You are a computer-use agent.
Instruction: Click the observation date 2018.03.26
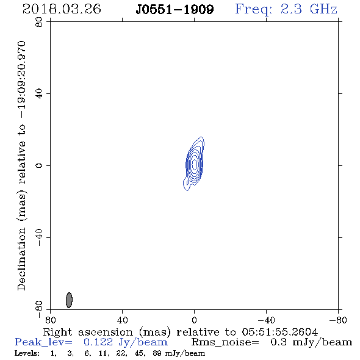pyautogui.click(x=62, y=9)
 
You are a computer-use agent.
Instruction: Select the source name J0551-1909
pyautogui.click(x=175, y=10)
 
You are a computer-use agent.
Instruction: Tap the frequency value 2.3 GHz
pyautogui.click(x=309, y=9)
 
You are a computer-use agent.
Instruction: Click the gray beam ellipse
pyautogui.click(x=69, y=300)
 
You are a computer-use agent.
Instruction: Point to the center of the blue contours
pyautogui.click(x=194, y=164)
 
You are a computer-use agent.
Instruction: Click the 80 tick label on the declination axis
pyautogui.click(x=39, y=22)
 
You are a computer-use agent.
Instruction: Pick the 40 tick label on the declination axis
pyautogui.click(x=39, y=94)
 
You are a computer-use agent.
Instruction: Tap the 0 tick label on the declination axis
pyautogui.click(x=39, y=165)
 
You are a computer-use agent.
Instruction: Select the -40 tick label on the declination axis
pyautogui.click(x=39, y=237)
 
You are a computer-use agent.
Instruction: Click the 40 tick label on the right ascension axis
pyautogui.click(x=122, y=320)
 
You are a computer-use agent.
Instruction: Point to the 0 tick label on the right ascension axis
pyautogui.click(x=194, y=320)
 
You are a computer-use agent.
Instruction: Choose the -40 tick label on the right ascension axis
pyautogui.click(x=266, y=320)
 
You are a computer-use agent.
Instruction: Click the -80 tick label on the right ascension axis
pyautogui.click(x=338, y=320)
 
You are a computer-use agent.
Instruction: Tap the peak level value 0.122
pyautogui.click(x=98, y=342)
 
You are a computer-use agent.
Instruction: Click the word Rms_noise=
pyautogui.click(x=225, y=342)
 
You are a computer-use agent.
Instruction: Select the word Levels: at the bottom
pyautogui.click(x=27, y=353)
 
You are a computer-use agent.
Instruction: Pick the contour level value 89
pyautogui.click(x=157, y=353)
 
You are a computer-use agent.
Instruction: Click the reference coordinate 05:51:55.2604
pyautogui.click(x=280, y=332)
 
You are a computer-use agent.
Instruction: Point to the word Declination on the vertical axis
pyautogui.click(x=21, y=259)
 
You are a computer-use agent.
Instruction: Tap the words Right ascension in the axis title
pyautogui.click(x=88, y=332)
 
